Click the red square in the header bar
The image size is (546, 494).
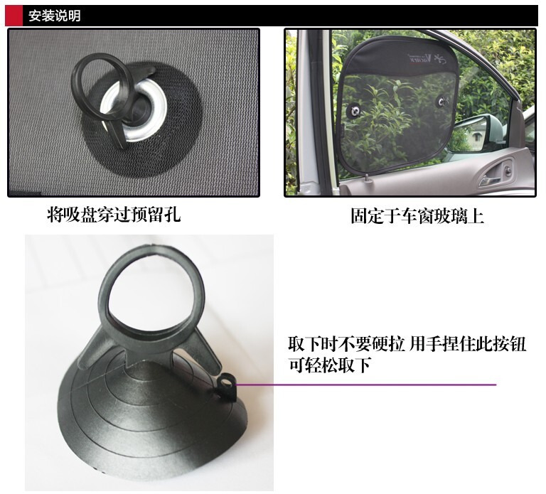click(14, 16)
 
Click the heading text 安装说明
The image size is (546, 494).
click(54, 16)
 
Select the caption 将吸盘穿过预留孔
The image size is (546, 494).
click(114, 215)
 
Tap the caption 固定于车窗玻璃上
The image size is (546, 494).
click(417, 216)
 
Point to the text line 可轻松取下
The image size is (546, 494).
click(329, 365)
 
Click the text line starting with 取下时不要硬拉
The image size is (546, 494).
click(407, 344)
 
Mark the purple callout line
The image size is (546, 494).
click(366, 385)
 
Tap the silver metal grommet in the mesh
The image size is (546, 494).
click(134, 110)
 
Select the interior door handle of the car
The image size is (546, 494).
click(489, 180)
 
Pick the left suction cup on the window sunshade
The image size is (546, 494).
click(355, 111)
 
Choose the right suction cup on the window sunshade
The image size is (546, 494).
click(443, 102)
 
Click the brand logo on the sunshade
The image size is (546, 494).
click(427, 58)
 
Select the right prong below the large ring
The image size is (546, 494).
click(205, 350)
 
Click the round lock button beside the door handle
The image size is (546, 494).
click(508, 171)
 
